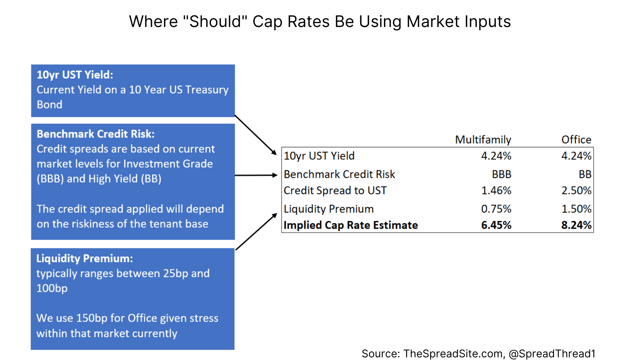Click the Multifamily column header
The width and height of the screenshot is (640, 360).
[483, 140]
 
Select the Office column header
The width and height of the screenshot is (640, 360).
[576, 140]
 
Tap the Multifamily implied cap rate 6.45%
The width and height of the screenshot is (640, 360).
[496, 225]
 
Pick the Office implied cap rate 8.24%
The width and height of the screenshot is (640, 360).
[576, 225]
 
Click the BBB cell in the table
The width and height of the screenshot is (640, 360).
[501, 174]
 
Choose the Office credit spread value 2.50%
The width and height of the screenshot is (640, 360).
[576, 191]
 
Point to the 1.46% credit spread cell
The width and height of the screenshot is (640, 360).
[496, 191]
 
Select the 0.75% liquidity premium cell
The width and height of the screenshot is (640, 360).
[496, 209]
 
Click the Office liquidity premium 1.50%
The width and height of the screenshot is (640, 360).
[576, 209]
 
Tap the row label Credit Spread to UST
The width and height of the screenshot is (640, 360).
[335, 191]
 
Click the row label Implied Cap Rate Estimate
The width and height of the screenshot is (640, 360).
[351, 225]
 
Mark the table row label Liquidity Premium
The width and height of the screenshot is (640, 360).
[329, 209]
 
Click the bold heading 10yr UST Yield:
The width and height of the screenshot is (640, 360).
[75, 75]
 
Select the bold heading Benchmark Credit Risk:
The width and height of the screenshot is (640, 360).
[96, 134]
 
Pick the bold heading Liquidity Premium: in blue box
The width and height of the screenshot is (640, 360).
[85, 259]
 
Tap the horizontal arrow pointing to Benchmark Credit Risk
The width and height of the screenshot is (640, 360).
[256, 175]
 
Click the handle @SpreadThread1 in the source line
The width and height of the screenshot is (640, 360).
[552, 354]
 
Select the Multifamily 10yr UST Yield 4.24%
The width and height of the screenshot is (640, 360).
[496, 156]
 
